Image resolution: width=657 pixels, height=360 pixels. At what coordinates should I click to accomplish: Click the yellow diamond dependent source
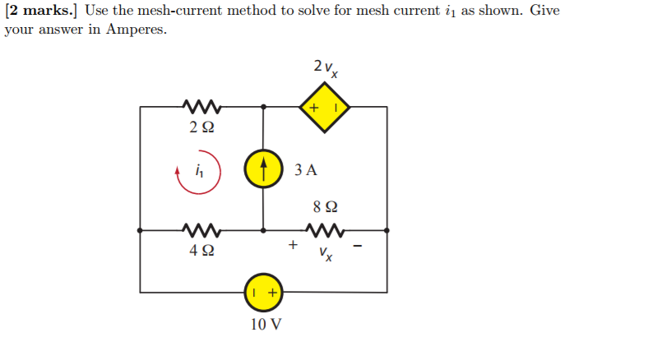(x=325, y=107)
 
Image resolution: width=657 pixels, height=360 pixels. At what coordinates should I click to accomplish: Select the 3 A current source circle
(x=264, y=170)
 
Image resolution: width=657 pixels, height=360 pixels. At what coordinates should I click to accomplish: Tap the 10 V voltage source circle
(x=264, y=292)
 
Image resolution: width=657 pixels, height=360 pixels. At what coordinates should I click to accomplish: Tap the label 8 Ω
(x=325, y=207)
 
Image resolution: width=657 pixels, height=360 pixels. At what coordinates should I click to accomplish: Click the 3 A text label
(x=304, y=171)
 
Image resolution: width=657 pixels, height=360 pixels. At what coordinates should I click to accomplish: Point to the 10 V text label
(x=265, y=325)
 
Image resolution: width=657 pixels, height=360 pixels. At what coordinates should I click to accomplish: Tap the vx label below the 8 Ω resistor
(x=326, y=255)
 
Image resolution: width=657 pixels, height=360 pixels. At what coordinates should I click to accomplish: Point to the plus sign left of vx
(x=291, y=244)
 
